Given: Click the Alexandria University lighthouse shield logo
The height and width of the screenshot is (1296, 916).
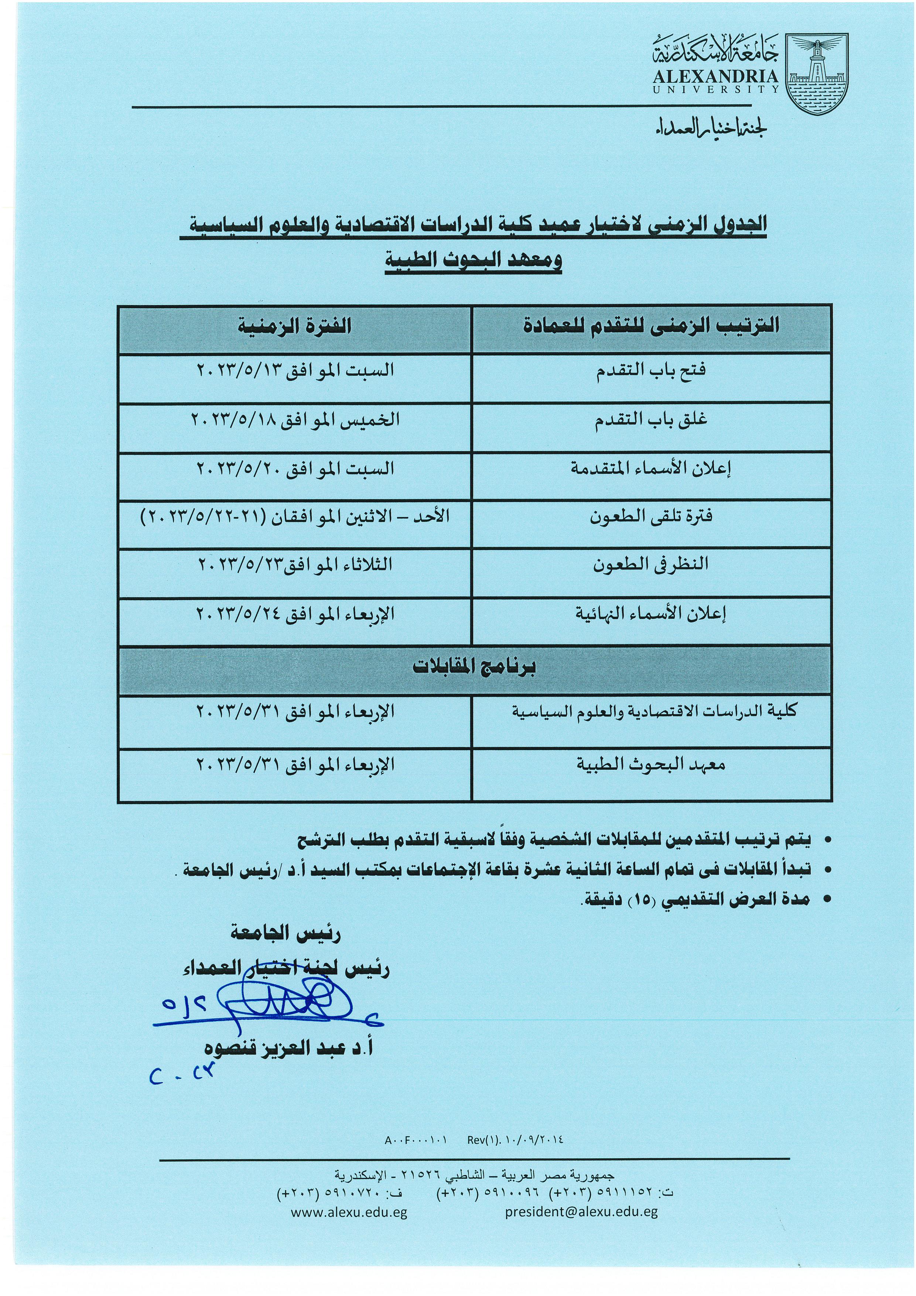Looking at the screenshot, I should coord(824,74).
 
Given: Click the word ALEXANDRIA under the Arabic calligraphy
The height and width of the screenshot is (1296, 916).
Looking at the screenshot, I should coord(716,77).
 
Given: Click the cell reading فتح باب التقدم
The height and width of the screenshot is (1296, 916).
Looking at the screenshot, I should coord(651,372).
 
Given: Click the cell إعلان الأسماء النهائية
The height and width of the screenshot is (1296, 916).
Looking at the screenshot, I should coord(651,613).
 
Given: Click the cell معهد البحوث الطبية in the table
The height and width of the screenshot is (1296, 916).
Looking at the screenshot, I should coord(651,765).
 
